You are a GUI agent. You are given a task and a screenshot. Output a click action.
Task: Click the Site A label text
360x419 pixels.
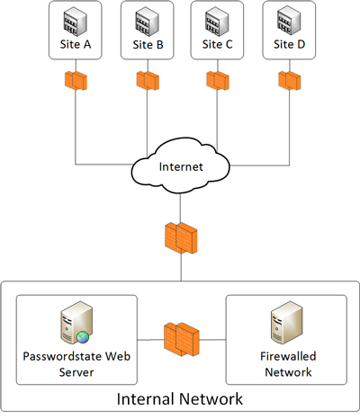pyautogui.click(x=76, y=44)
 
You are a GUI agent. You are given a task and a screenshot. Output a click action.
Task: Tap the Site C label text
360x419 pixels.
pyautogui.click(x=217, y=44)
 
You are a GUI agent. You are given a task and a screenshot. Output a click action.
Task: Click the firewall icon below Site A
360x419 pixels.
pyautogui.click(x=76, y=81)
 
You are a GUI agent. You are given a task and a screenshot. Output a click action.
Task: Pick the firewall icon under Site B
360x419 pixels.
pyautogui.click(x=148, y=81)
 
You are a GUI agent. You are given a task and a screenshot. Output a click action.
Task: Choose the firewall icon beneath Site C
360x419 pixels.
pyautogui.click(x=218, y=81)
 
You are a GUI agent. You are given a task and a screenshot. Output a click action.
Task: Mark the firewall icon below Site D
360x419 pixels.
pyautogui.click(x=290, y=81)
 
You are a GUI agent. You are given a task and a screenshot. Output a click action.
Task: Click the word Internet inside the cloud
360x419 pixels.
pyautogui.click(x=181, y=166)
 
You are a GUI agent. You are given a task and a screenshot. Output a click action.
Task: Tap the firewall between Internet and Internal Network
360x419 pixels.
pyautogui.click(x=181, y=238)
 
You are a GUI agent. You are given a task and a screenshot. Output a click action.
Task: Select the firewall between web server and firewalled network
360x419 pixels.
pyautogui.click(x=182, y=340)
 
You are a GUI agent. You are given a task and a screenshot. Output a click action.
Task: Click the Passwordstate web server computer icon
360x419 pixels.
pyautogui.click(x=76, y=323)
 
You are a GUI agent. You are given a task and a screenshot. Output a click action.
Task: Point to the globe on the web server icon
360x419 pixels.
pyautogui.click(x=83, y=337)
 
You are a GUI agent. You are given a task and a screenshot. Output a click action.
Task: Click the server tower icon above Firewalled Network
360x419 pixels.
pyautogui.click(x=287, y=323)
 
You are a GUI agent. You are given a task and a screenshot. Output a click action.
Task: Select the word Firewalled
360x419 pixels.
pyautogui.click(x=288, y=356)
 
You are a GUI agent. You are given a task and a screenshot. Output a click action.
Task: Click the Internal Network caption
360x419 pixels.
pyautogui.click(x=180, y=399)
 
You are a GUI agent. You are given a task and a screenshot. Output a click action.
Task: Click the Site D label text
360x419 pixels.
pyautogui.click(x=289, y=44)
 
